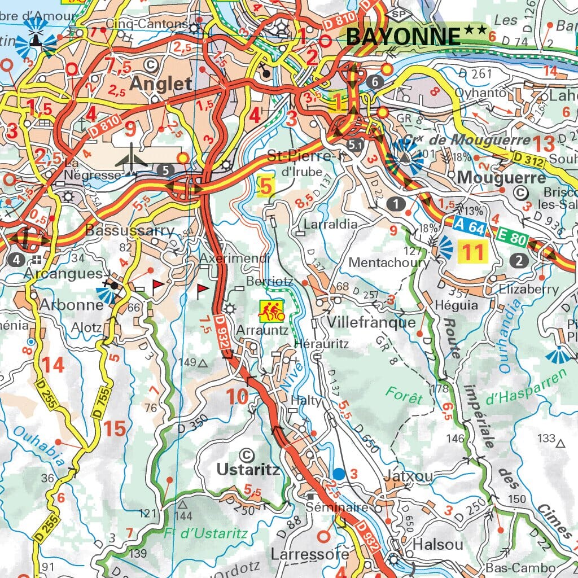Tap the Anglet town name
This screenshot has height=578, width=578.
[161, 84]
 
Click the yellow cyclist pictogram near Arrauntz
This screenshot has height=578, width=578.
[271, 310]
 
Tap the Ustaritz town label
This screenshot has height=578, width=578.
[248, 470]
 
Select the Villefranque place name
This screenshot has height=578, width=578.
[371, 323]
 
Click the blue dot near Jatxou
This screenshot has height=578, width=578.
[338, 473]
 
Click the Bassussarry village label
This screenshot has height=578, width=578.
[130, 231]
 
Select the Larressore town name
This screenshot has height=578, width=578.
[310, 554]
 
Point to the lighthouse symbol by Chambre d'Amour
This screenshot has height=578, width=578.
[36, 38]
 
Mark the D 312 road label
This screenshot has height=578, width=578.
[528, 160]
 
